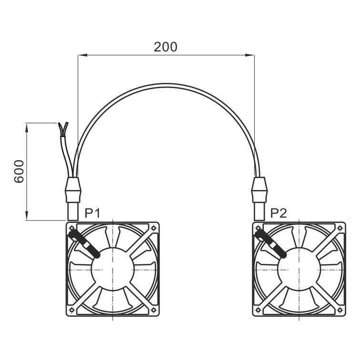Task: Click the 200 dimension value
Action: coord(165,47)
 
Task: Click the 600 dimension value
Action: coord(19,171)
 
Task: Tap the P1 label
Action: coord(92,213)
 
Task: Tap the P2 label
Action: coord(279,213)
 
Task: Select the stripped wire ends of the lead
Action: coord(63,129)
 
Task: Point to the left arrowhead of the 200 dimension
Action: coord(83,55)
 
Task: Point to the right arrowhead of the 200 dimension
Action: coord(250,55)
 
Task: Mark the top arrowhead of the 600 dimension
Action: coord(27,128)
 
